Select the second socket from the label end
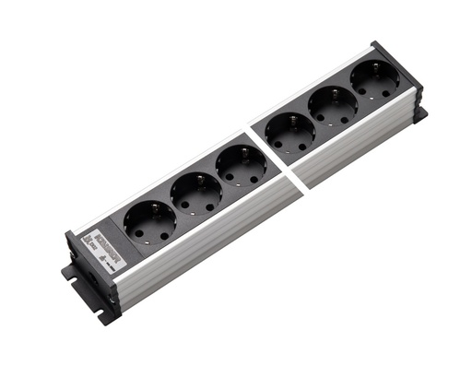coord(195,194)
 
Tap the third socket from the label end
coord(241,166)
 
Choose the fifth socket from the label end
coord(333,109)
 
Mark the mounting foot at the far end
coord(419,114)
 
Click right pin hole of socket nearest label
coord(163,236)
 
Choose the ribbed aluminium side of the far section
coord(360,147)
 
